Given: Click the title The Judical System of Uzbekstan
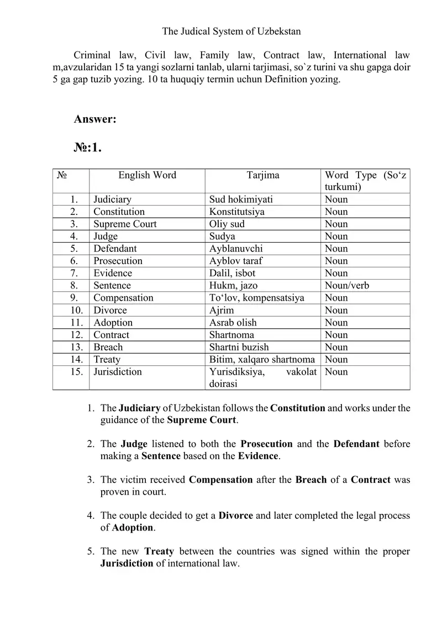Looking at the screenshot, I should pyautogui.click(x=231, y=31).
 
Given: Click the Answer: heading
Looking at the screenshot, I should pyautogui.click(x=94, y=119).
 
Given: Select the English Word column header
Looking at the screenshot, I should pyautogui.click(x=147, y=175).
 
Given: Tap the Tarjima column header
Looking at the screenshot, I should pyautogui.click(x=262, y=175).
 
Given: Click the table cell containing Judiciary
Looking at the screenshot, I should pyautogui.click(x=112, y=199).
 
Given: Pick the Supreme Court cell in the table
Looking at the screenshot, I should pyautogui.click(x=125, y=224).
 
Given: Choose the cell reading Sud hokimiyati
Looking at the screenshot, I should pyautogui.click(x=241, y=199).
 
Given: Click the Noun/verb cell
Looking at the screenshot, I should pyautogui.click(x=347, y=286).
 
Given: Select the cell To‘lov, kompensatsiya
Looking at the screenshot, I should pyautogui.click(x=257, y=298).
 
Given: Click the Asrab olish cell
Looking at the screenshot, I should pyautogui.click(x=233, y=322).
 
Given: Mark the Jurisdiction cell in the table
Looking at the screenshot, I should pyautogui.click(x=118, y=372).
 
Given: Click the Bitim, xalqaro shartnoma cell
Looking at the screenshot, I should pyautogui.click(x=262, y=359).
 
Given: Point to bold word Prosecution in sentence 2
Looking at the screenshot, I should pyautogui.click(x=267, y=444).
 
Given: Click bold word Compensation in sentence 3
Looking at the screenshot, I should pyautogui.click(x=220, y=480).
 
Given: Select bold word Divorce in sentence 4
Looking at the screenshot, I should pyautogui.click(x=236, y=516).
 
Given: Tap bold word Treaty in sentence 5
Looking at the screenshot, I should pyautogui.click(x=159, y=552).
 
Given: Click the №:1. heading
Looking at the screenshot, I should pyautogui.click(x=87, y=148).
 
